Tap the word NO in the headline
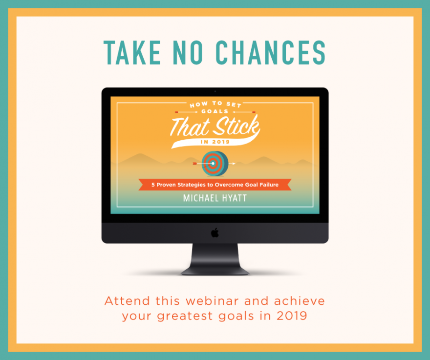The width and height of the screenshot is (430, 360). click(188, 53)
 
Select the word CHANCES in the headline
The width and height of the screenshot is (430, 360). click(271, 53)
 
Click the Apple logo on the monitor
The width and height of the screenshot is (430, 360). click(215, 233)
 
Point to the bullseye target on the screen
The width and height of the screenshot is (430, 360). click(215, 164)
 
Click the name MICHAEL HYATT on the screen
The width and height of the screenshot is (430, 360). click(215, 198)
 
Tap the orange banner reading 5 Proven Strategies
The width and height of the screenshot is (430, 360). click(215, 185)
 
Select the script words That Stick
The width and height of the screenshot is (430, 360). click(215, 127)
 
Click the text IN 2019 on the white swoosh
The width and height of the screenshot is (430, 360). click(215, 142)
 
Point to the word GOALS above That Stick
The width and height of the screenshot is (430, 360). click(215, 111)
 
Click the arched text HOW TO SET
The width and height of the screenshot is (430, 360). click(215, 104)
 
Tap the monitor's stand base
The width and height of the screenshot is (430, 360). click(215, 271)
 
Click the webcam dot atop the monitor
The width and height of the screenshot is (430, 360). click(215, 91)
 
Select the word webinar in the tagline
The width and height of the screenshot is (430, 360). click(212, 301)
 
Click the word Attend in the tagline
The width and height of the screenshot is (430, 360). click(127, 301)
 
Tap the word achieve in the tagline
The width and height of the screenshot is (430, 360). click(300, 301)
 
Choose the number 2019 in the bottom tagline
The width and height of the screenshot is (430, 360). click(292, 316)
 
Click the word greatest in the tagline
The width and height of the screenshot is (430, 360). click(185, 317)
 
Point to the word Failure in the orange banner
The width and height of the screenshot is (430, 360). click(269, 185)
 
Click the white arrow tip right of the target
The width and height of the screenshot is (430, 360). click(234, 164)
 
